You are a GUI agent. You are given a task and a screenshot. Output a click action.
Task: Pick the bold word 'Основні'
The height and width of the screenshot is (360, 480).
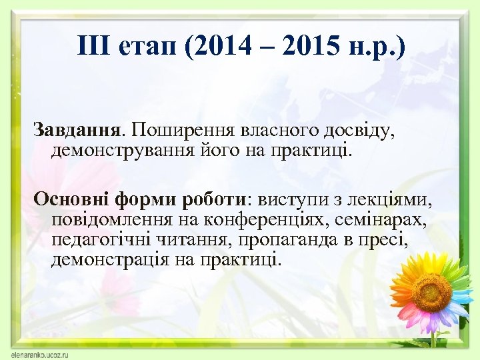click(71, 199)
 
